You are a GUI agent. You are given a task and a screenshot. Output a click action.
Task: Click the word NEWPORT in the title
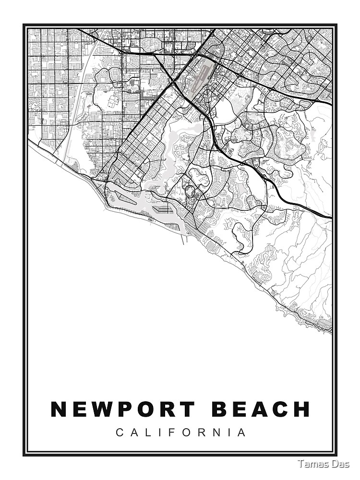coord(122,409)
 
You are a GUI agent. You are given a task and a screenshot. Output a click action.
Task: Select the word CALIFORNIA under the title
coord(181,432)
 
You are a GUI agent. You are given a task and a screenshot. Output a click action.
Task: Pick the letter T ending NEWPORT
coord(187,409)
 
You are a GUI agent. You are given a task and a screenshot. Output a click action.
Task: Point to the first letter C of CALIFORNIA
coord(119,432)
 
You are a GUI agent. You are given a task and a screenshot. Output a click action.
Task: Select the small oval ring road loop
coord(191,192)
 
